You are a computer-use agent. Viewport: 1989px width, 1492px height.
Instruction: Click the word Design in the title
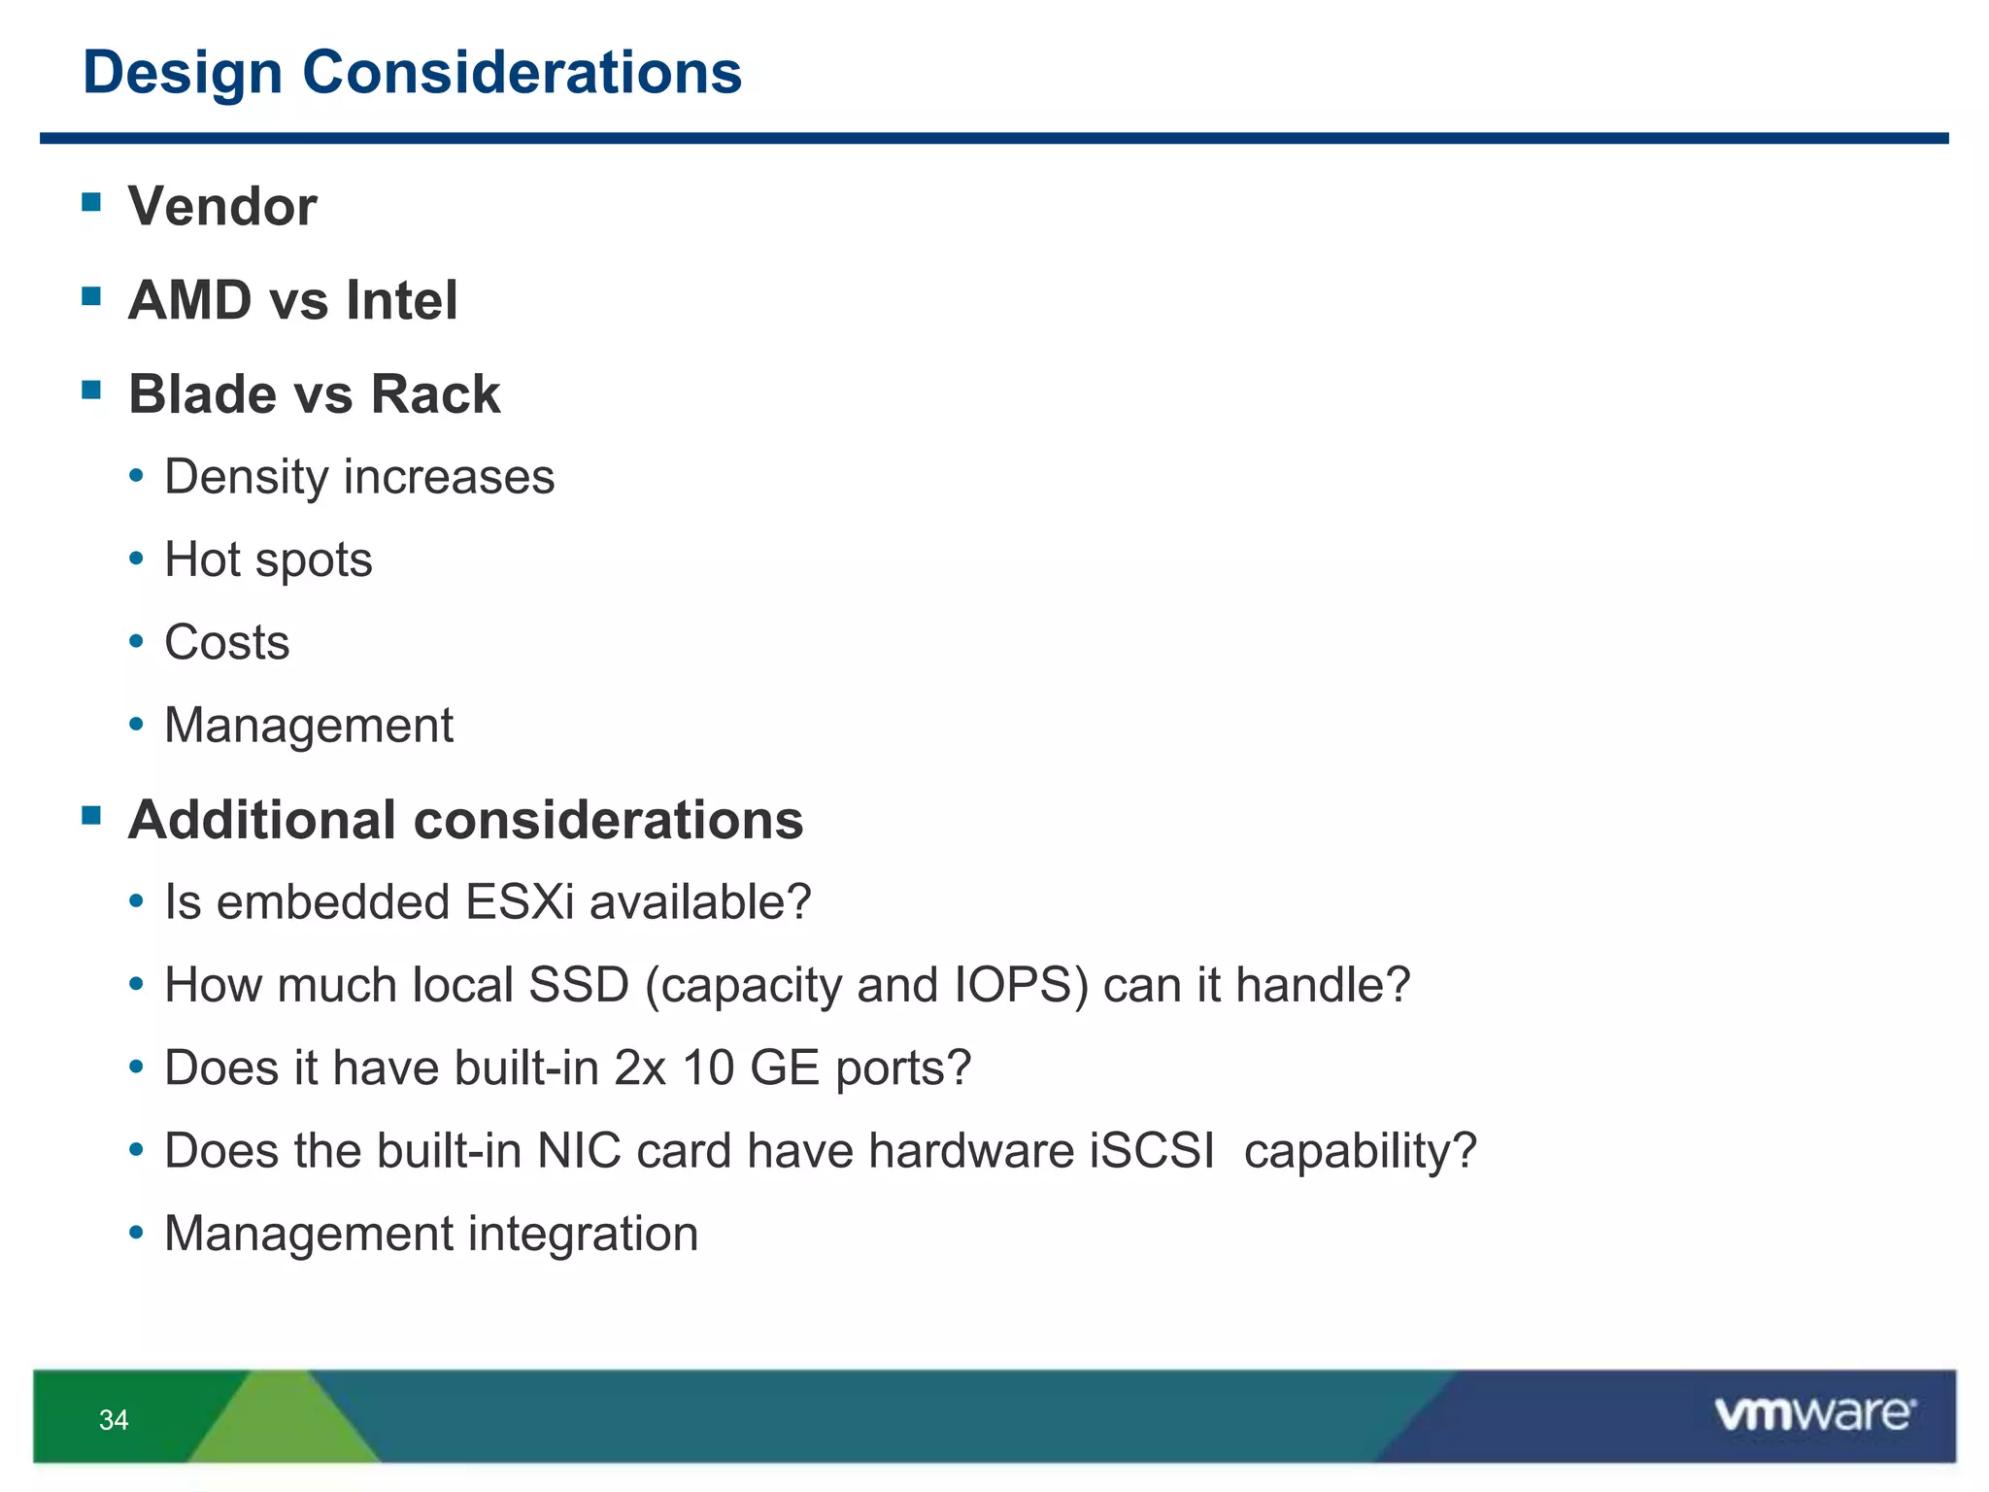coord(183,73)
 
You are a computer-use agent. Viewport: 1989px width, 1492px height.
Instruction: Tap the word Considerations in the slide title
coord(522,73)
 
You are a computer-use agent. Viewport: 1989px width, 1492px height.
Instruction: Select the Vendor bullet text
coord(222,206)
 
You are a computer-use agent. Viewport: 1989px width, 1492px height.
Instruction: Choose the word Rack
coord(435,393)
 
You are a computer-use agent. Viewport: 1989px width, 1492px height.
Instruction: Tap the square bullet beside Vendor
coord(92,202)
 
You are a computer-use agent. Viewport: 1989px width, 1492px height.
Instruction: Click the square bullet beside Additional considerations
coord(92,815)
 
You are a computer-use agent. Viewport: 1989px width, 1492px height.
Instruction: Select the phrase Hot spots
coord(268,559)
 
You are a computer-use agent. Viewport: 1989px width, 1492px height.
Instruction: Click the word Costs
coord(227,642)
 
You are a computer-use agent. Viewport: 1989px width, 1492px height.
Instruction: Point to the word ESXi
coord(520,901)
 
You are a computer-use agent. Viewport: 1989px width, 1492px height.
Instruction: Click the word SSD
coord(579,985)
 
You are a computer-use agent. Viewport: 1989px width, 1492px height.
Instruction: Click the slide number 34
coord(114,1420)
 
